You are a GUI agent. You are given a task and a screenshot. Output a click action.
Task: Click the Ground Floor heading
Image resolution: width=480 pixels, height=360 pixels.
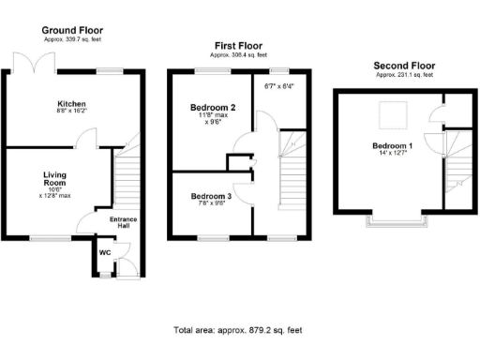click(x=72, y=31)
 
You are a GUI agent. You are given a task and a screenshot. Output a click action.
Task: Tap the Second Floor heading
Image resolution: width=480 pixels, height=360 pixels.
click(x=403, y=65)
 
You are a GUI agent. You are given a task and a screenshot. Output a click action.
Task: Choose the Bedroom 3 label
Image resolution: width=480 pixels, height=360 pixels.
click(x=211, y=196)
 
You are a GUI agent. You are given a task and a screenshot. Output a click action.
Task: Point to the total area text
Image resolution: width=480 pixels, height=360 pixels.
click(x=238, y=330)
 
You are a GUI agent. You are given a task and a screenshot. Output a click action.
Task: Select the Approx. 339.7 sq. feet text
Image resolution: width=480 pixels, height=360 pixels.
click(x=72, y=40)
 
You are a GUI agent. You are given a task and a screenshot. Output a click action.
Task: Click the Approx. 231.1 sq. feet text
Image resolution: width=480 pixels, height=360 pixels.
click(x=403, y=74)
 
